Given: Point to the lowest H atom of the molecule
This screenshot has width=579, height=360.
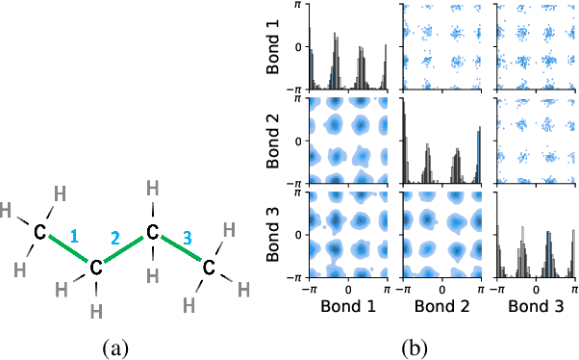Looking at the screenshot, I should (x=95, y=310).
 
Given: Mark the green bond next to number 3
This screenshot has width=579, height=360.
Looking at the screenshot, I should (x=180, y=247).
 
